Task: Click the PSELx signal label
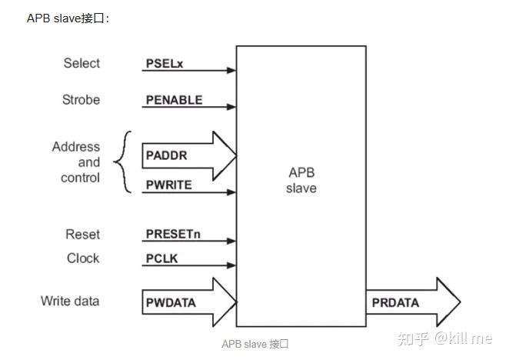point(164,63)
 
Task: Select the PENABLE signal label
point(174,100)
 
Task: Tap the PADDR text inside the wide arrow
point(166,155)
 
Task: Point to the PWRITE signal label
point(168,185)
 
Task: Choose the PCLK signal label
point(161,258)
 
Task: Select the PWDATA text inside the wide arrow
point(171,302)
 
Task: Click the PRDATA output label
point(395,302)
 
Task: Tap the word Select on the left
point(82,63)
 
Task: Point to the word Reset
point(82,234)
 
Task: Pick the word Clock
point(83,258)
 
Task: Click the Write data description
point(70,301)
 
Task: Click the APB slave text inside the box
point(301,180)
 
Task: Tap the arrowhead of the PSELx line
point(231,71)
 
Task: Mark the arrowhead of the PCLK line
point(231,266)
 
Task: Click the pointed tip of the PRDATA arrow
point(459,302)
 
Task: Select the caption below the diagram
point(255,344)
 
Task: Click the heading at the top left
point(68,18)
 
